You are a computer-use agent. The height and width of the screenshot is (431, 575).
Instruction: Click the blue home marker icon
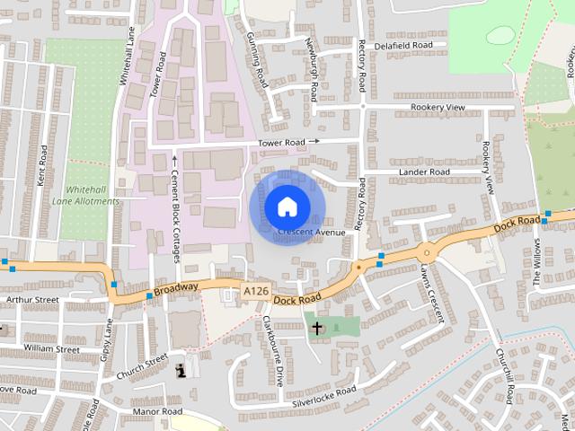tap(286, 207)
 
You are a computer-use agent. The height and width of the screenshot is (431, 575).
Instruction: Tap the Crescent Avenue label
tap(312, 233)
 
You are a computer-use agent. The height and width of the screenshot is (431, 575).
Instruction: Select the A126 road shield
tap(255, 290)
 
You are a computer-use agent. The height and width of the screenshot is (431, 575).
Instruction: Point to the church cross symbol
tap(316, 329)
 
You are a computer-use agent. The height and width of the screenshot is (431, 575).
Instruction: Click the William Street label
tap(51, 347)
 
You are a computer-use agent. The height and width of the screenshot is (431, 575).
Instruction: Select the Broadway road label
tap(175, 289)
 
